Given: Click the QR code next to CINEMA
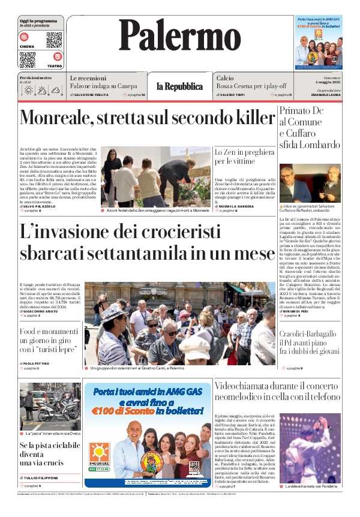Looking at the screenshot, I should coord(53,40).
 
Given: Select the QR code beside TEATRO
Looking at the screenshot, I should coord(28,59).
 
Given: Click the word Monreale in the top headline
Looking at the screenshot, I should coord(59,118).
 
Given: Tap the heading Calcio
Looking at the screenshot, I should coord(225,78).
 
